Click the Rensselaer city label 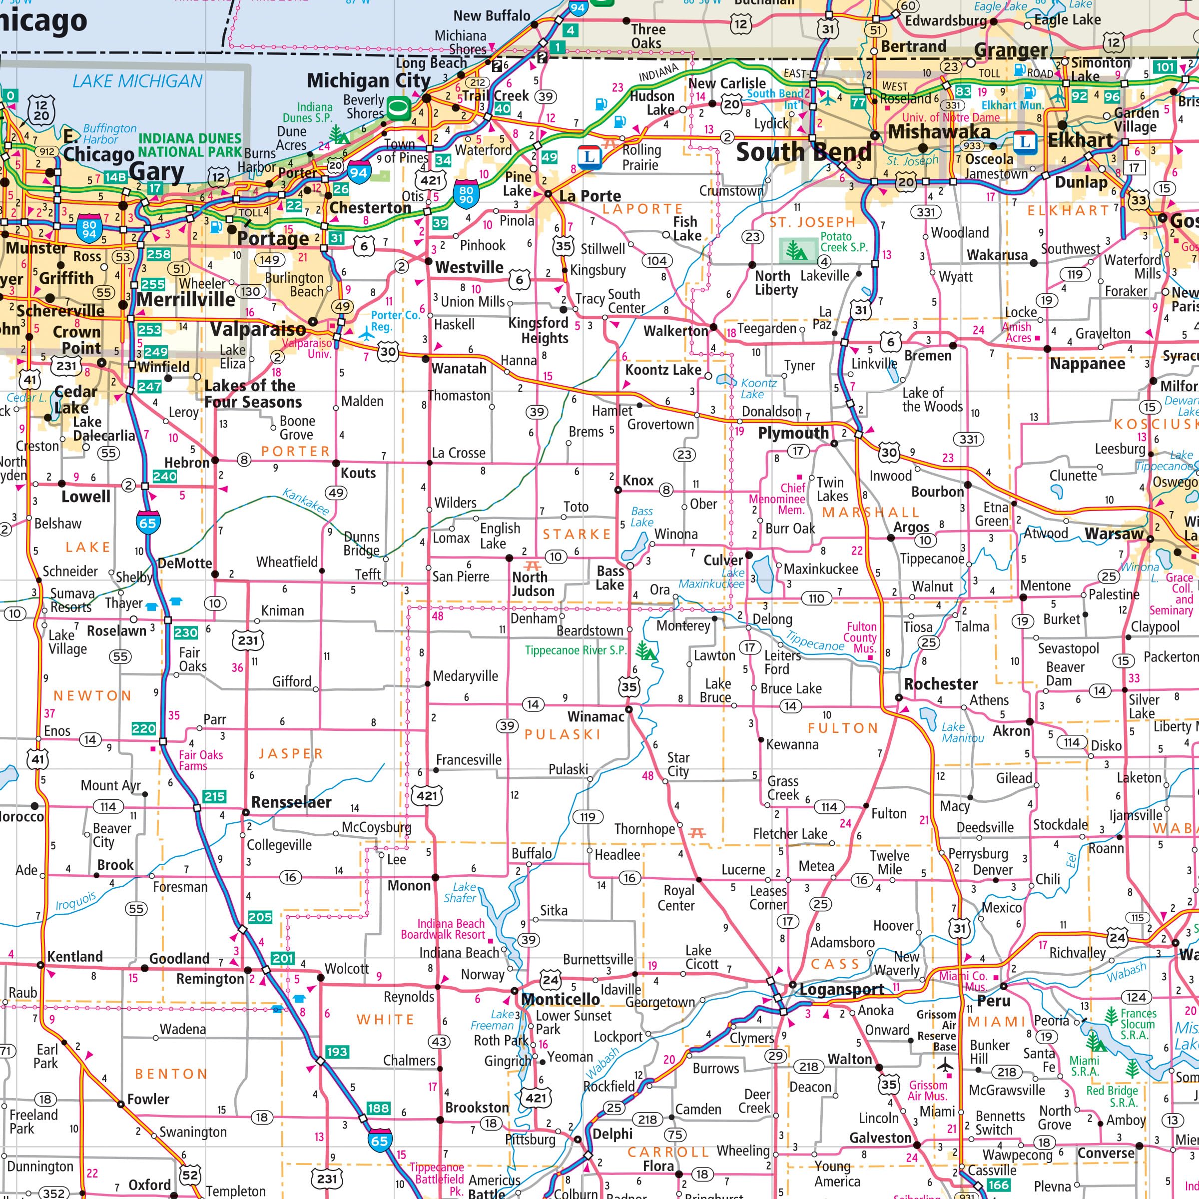pyautogui.click(x=291, y=802)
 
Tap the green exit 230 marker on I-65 pyautogui.click(x=185, y=632)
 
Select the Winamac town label pyautogui.click(x=596, y=717)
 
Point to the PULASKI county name pyautogui.click(x=562, y=735)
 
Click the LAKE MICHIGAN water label pyautogui.click(x=137, y=81)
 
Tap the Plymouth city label pyautogui.click(x=793, y=433)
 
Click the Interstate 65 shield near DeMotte pyautogui.click(x=148, y=523)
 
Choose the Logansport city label pyautogui.click(x=841, y=989)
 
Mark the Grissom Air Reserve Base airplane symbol pyautogui.click(x=945, y=1066)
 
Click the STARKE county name pyautogui.click(x=577, y=535)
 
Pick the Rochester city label pyautogui.click(x=941, y=684)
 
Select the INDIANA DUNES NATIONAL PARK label pyautogui.click(x=189, y=145)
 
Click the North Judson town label pyautogui.click(x=533, y=584)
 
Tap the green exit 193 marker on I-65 pyautogui.click(x=336, y=1051)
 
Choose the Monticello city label pyautogui.click(x=561, y=999)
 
